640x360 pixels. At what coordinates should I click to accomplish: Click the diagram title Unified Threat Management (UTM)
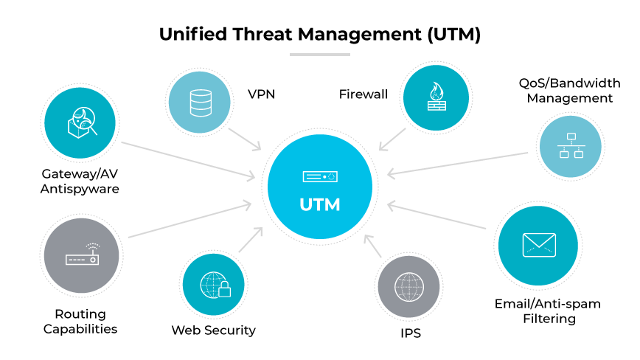(320, 35)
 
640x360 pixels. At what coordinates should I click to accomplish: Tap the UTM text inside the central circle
(320, 204)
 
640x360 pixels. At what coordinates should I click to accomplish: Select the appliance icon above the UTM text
(320, 177)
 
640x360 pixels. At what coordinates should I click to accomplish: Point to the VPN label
(261, 94)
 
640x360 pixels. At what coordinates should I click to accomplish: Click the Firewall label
(363, 94)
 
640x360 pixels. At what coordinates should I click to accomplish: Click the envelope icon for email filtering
(538, 245)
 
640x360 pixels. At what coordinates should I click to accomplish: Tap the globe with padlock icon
(214, 285)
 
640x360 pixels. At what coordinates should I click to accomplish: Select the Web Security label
(213, 330)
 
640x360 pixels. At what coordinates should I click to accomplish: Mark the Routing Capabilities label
(80, 322)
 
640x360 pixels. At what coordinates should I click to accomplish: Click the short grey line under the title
(320, 55)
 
